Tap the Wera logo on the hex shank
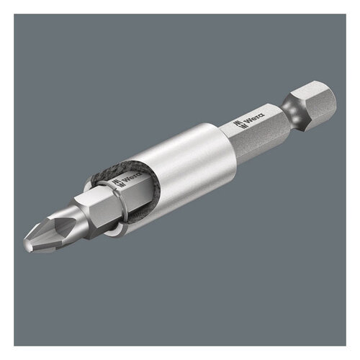(x=253, y=117)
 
